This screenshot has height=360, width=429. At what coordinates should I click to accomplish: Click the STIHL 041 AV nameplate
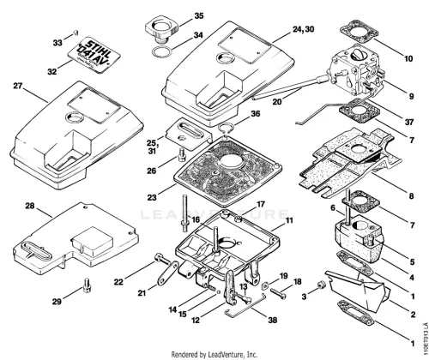[95, 55]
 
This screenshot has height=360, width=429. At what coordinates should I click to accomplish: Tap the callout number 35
[199, 15]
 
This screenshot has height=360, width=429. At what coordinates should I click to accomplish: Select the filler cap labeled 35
[162, 31]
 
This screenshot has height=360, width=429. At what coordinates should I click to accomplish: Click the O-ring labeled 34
[162, 52]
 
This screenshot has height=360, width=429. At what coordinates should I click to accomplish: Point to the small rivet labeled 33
[76, 33]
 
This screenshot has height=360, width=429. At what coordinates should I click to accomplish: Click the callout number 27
[18, 86]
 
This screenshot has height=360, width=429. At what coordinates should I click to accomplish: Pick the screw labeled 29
[88, 285]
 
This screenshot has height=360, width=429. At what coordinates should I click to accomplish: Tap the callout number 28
[30, 206]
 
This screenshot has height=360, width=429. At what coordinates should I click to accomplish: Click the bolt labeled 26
[182, 155]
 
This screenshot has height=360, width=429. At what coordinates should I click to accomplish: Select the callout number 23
[152, 197]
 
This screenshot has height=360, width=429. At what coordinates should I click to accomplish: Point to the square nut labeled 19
[265, 285]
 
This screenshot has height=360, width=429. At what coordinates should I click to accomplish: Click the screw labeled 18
[278, 293]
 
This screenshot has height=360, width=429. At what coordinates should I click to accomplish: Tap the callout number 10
[408, 58]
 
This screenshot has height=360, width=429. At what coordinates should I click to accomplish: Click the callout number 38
[273, 320]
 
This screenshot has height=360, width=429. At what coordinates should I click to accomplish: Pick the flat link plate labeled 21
[166, 273]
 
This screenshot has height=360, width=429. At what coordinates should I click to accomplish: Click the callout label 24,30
[303, 29]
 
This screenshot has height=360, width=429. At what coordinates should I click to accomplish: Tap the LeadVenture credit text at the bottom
[214, 355]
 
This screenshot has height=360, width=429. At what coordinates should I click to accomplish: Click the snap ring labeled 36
[227, 128]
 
